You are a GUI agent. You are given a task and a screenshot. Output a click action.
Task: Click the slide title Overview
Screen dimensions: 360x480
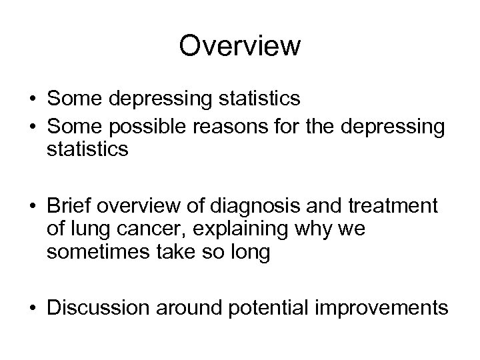click(x=240, y=46)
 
